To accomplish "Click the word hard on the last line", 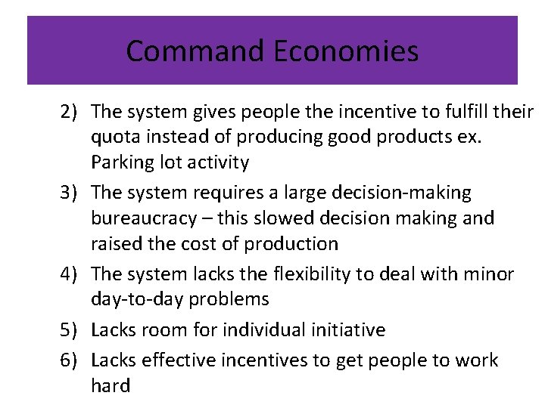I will coord(110,385).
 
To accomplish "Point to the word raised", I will coord(114,244).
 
